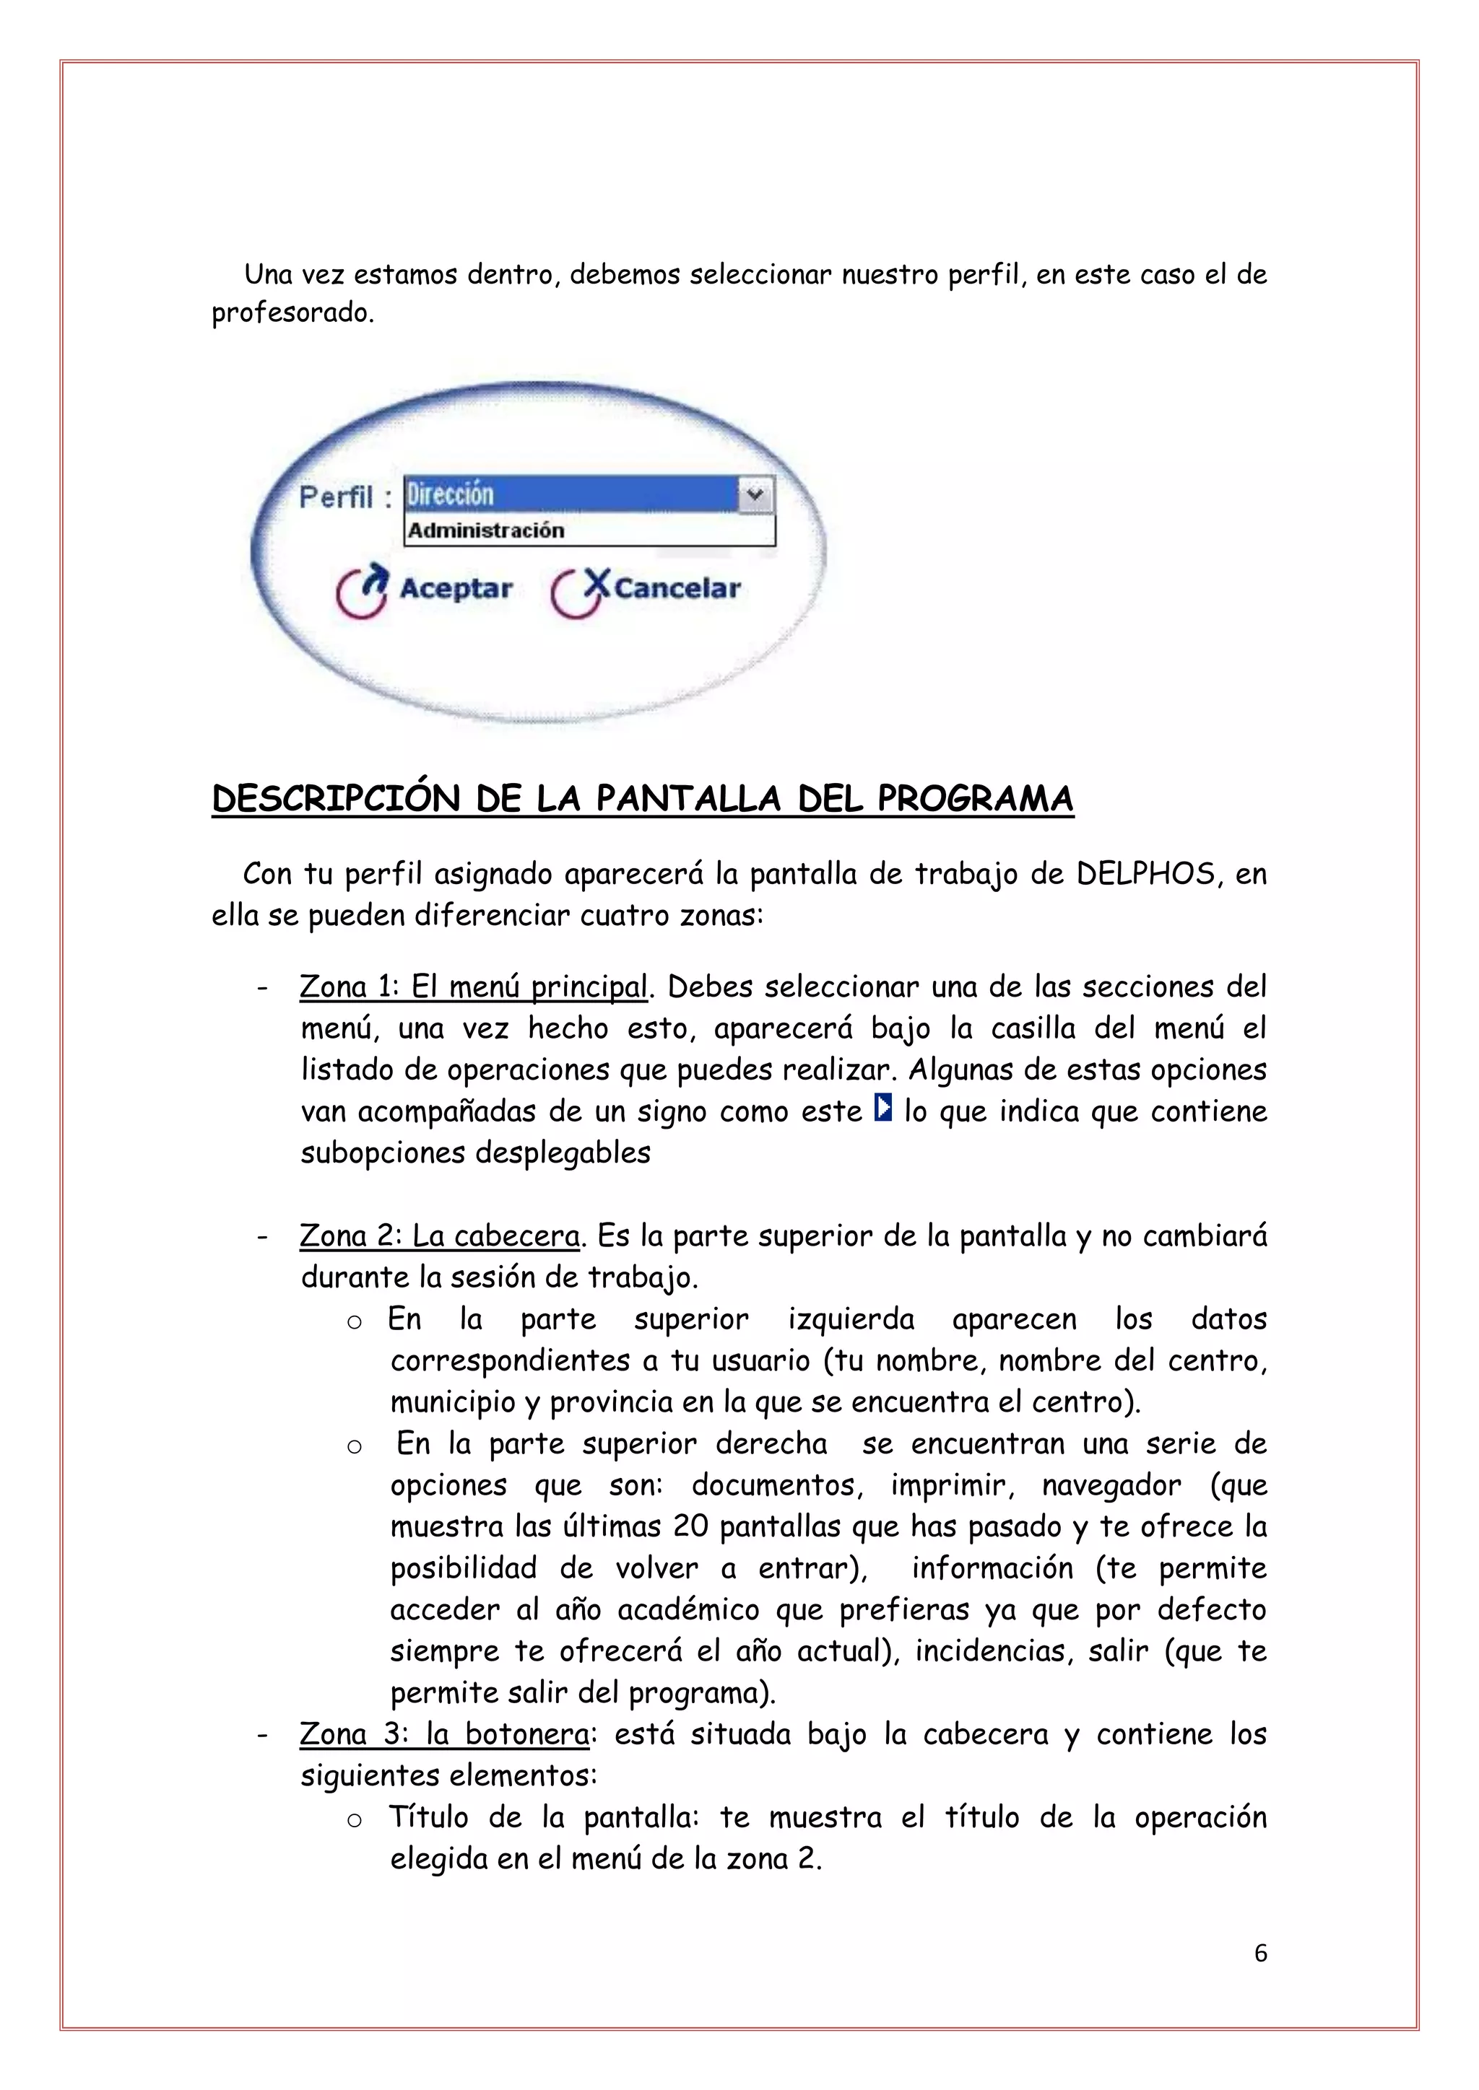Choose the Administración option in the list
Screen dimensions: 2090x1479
pos(486,530)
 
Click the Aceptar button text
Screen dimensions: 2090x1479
pos(456,589)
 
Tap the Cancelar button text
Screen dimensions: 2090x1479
pos(677,589)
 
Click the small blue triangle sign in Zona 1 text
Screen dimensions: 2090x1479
pos(882,1109)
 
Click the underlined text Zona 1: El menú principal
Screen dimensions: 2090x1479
pos(474,987)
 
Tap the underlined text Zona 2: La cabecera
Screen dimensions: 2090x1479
pos(440,1236)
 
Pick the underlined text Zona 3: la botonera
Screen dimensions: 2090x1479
pos(444,1734)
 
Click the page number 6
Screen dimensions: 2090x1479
pos(1260,1954)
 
